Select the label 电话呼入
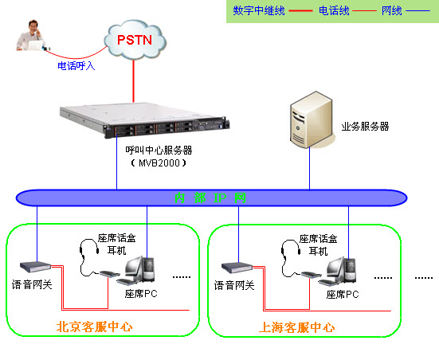tap(76, 66)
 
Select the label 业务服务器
tap(365, 126)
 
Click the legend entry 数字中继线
tap(258, 11)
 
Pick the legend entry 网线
tap(391, 11)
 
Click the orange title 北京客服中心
tap(94, 327)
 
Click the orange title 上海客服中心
tap(297, 327)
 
